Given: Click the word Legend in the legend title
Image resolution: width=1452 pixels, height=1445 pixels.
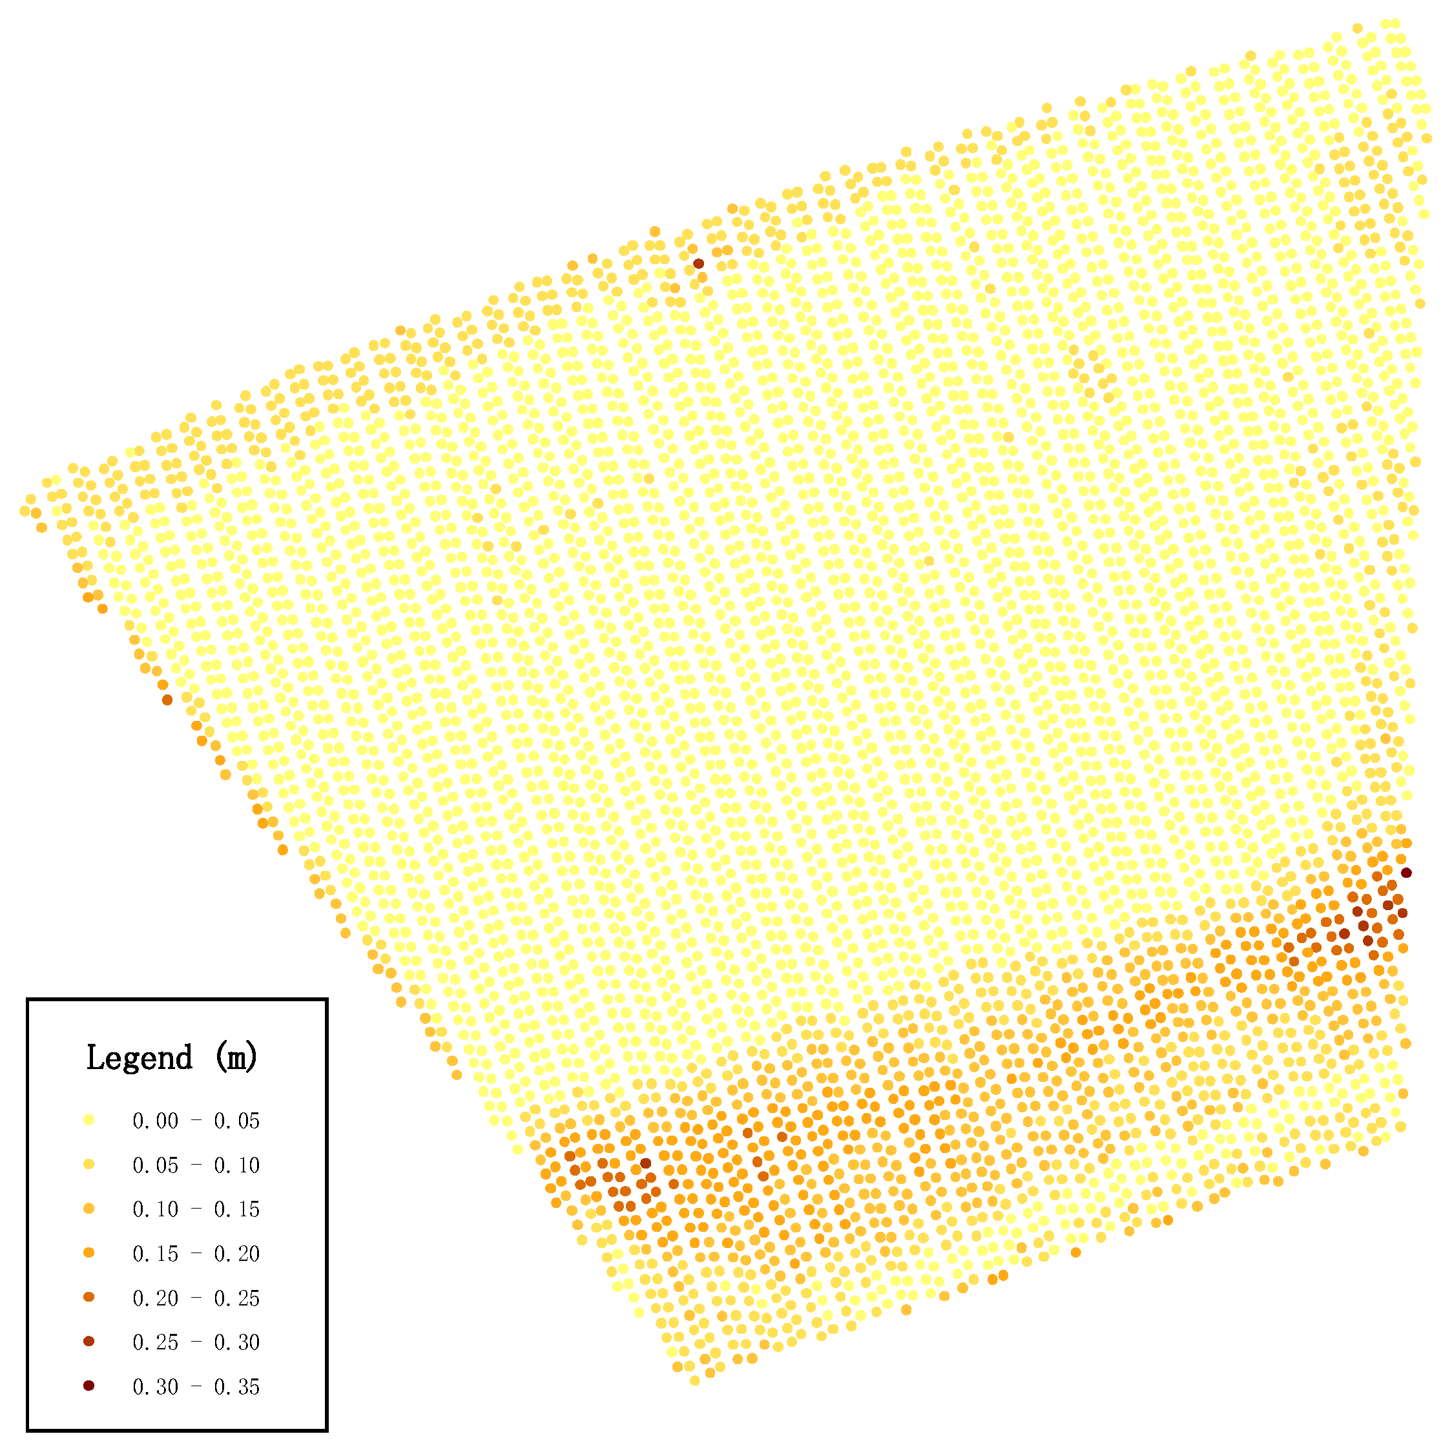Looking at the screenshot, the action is coord(140,1058).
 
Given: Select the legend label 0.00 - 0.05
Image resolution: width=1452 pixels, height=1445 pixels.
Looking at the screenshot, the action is coord(196,1121).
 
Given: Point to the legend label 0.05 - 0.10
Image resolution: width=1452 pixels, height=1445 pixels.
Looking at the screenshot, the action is coord(196,1165).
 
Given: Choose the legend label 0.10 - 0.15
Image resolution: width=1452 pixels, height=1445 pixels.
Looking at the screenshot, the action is coord(196,1210).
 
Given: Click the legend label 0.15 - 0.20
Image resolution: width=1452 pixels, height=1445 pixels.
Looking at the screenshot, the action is coord(196,1254).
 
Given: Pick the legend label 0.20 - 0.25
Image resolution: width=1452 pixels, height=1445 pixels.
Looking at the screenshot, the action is coord(196,1298).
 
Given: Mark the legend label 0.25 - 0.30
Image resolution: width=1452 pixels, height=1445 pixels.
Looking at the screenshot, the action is coord(196,1343).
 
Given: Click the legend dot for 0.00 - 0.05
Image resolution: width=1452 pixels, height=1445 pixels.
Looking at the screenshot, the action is coord(88,1120).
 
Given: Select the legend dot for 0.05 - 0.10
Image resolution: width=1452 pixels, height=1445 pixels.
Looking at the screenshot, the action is coord(88,1165).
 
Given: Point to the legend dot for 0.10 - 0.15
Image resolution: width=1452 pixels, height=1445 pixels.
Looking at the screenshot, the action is coord(88,1209).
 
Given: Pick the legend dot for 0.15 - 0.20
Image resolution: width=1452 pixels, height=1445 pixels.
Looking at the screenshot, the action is coord(88,1253).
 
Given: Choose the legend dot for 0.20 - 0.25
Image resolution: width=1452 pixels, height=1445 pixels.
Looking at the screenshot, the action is coord(88,1298).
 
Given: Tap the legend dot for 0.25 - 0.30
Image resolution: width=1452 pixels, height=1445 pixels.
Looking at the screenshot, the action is coord(88,1342).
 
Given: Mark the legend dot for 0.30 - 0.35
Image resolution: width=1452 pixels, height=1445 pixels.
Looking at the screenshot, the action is coord(88,1386).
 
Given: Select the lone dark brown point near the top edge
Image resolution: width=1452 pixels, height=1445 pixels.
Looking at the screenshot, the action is coord(698,264).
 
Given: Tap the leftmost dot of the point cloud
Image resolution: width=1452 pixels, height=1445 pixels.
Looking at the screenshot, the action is coord(24,512).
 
